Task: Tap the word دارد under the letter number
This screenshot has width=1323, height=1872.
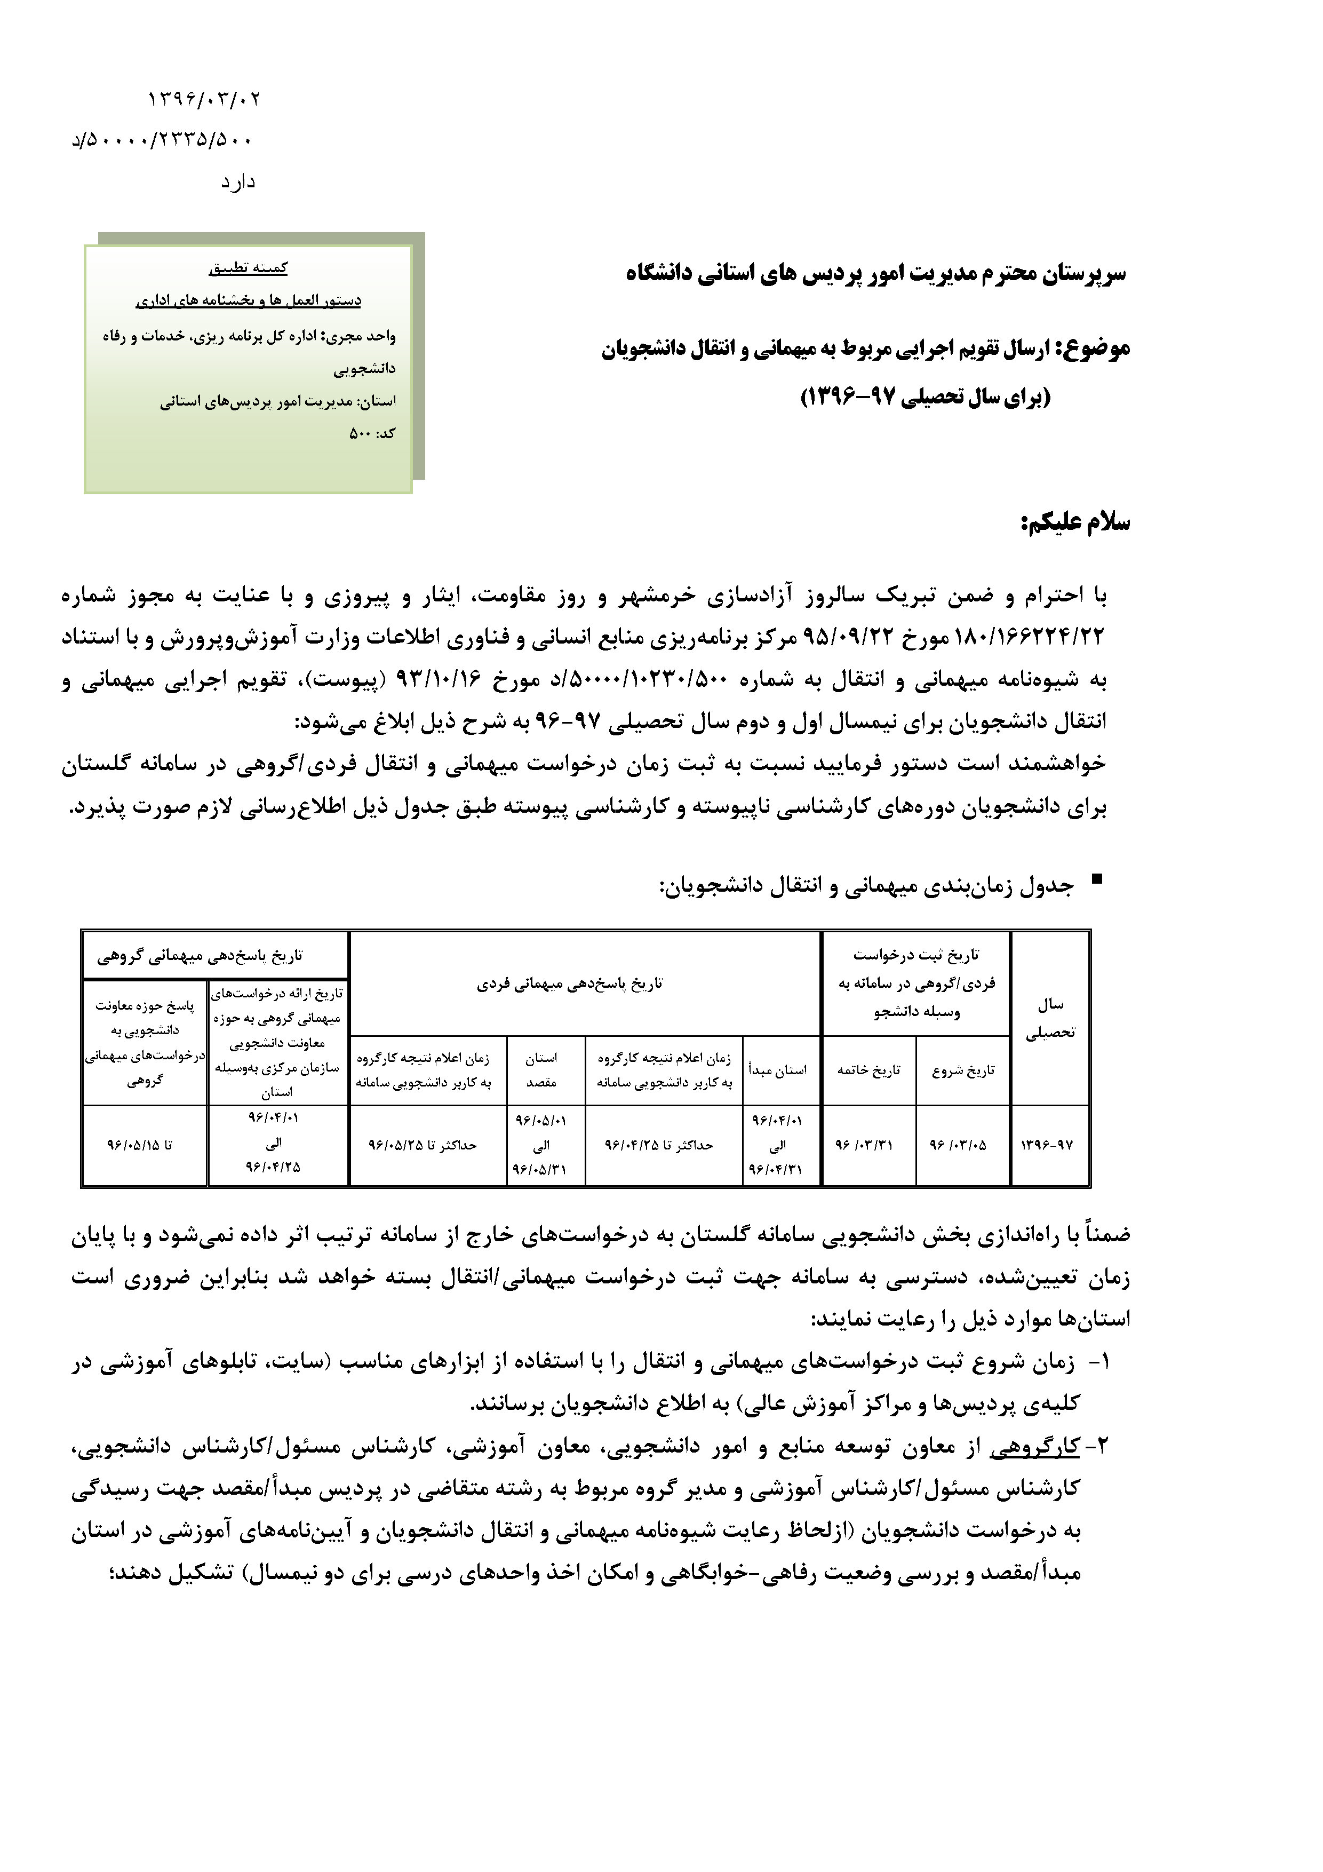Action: (238, 182)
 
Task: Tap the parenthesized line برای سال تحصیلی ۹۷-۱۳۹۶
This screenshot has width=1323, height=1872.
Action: (926, 397)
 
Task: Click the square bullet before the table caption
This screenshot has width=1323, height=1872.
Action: (1096, 879)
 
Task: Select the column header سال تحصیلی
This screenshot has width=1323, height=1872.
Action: (1050, 1018)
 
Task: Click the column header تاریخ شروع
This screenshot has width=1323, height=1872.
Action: (963, 1070)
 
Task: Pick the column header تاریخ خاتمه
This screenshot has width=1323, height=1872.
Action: (869, 1070)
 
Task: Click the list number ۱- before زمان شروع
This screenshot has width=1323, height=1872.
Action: (1101, 1361)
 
